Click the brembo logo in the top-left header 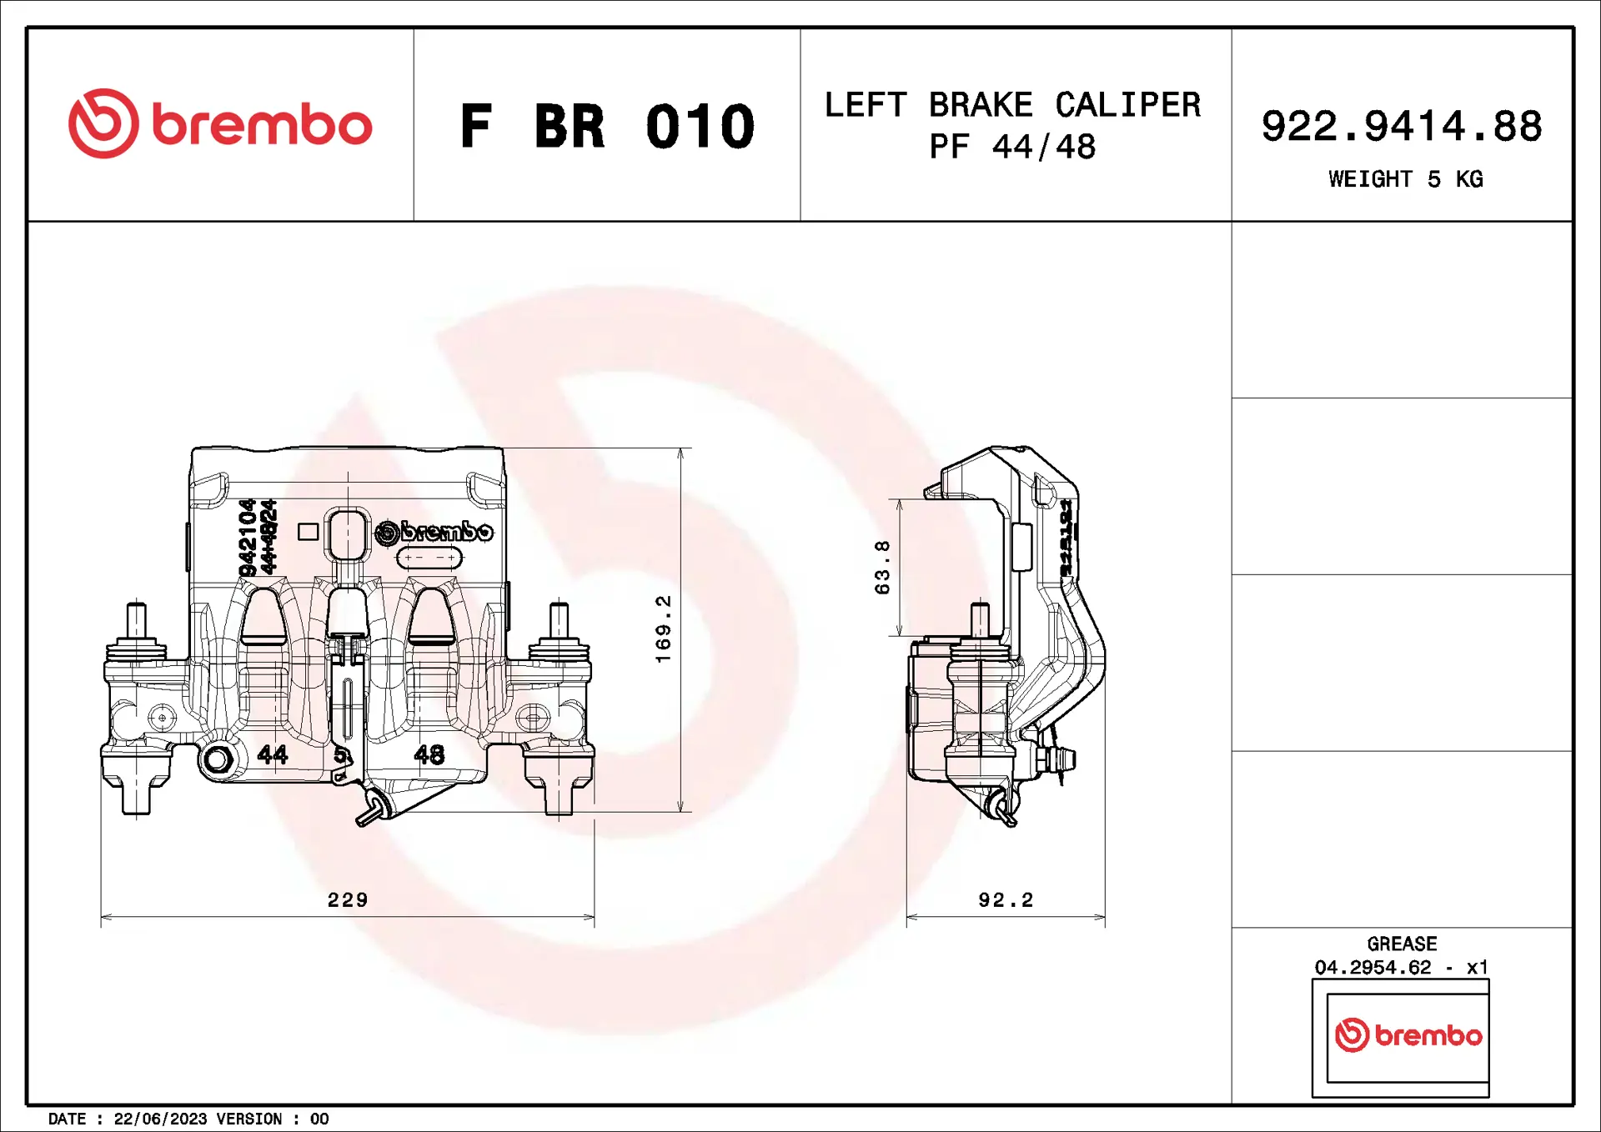coord(220,124)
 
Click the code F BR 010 coord(607,127)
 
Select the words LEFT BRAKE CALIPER coord(1012,105)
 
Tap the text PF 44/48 coord(1012,148)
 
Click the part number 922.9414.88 coord(1401,127)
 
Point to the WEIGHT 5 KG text coord(1405,179)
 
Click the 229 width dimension coord(348,899)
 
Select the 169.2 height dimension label coord(663,629)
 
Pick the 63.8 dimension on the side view coord(882,567)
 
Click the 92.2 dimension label coord(1006,899)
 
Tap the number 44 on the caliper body coord(273,754)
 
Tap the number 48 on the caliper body coord(429,754)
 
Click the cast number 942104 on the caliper coord(248,538)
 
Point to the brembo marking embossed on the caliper coord(434,532)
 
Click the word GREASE coord(1402,944)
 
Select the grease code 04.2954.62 coord(1373,967)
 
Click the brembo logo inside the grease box coord(1408,1034)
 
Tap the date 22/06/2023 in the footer coord(160,1119)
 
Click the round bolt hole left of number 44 coord(218,759)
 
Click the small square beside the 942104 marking coord(308,532)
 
